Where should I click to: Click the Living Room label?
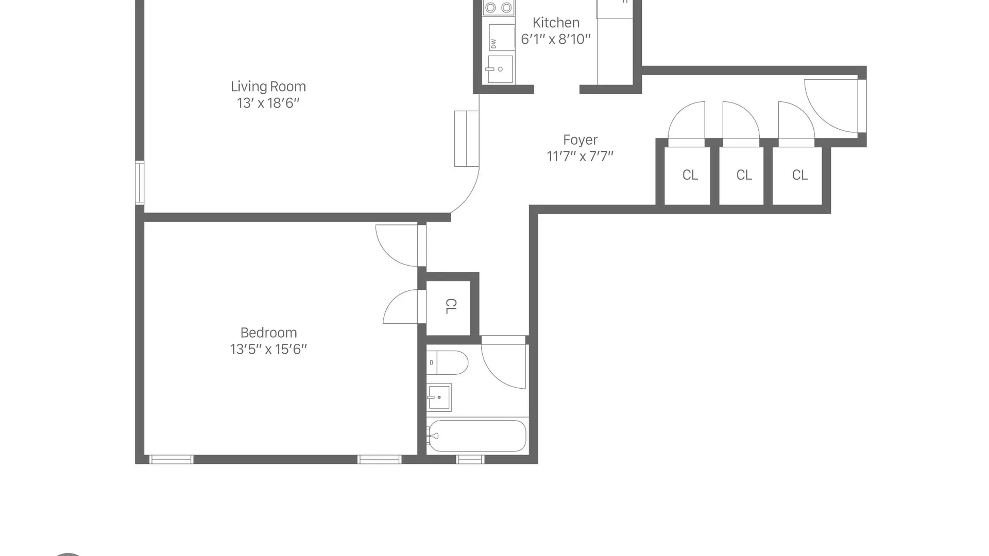click(x=268, y=86)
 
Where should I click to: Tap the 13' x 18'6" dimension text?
click(x=268, y=103)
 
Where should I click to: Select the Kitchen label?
click(x=556, y=23)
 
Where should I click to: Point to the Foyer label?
click(x=580, y=140)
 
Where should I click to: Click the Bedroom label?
click(x=268, y=333)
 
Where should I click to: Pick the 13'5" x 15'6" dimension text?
click(x=268, y=349)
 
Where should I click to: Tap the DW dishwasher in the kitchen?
click(x=501, y=37)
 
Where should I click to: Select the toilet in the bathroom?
click(x=447, y=362)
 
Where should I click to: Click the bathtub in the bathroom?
click(x=477, y=436)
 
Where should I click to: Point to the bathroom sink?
click(x=439, y=397)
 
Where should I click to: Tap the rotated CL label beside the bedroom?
click(x=450, y=306)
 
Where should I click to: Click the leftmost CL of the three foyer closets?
click(x=690, y=175)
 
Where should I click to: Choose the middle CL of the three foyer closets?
click(x=744, y=175)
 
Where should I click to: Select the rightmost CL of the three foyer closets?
click(x=799, y=175)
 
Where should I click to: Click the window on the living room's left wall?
click(x=140, y=183)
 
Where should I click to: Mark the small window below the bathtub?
click(x=470, y=459)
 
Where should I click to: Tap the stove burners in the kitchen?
click(x=499, y=8)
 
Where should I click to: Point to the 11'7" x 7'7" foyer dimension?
click(x=580, y=156)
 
